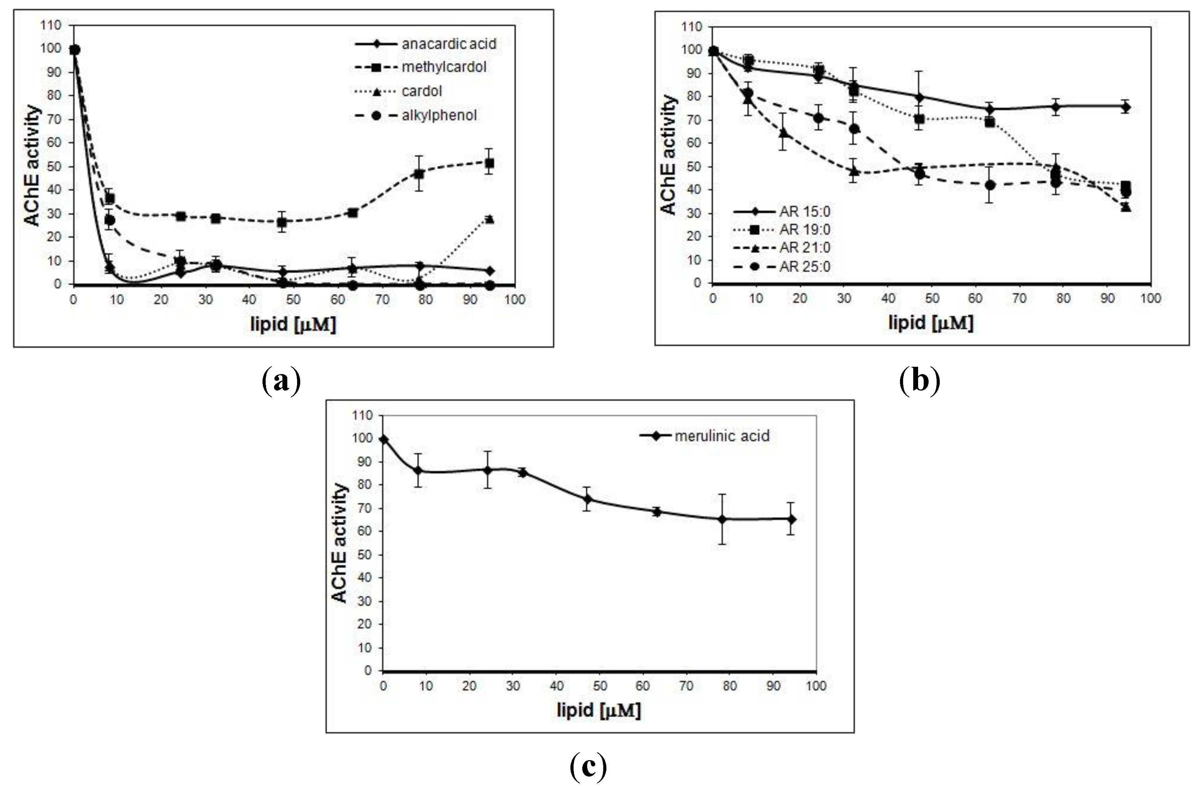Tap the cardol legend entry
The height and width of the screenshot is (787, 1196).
point(422,91)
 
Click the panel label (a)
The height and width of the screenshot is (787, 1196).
point(281,381)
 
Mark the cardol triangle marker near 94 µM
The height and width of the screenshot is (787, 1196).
point(489,219)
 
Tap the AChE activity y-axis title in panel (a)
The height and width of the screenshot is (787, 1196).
point(33,166)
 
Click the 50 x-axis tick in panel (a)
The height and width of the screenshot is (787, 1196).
point(293,300)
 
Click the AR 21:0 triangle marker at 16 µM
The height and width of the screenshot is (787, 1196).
point(783,133)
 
